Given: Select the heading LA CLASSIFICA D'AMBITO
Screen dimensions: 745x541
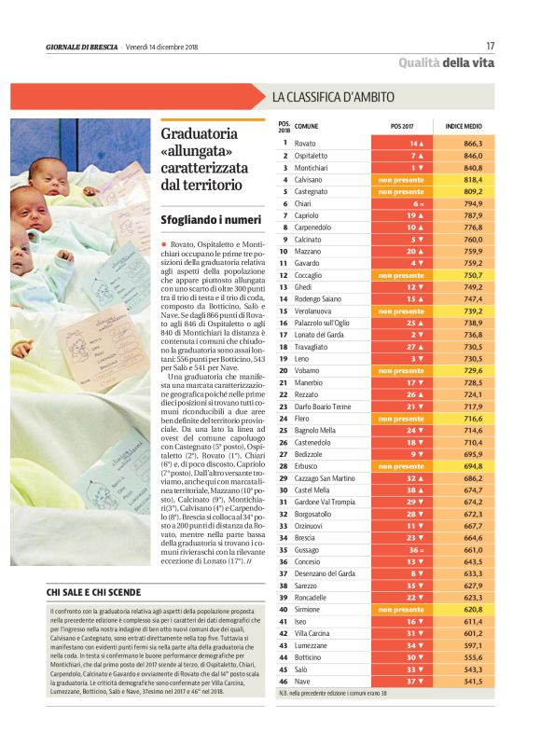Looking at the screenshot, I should [x=333, y=97].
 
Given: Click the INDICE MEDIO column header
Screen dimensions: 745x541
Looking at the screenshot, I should [x=464, y=126].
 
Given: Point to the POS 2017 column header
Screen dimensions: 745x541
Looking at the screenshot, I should [x=401, y=126].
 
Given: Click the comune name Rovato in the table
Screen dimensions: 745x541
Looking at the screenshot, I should [x=305, y=144].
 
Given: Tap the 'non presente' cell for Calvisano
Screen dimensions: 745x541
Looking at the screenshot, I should [x=401, y=179].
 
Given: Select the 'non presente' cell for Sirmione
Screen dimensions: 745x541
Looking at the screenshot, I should [x=401, y=610].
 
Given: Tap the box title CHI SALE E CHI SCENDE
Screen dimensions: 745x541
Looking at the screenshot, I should [x=94, y=592].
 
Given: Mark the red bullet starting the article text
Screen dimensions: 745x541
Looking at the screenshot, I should [x=164, y=243].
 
